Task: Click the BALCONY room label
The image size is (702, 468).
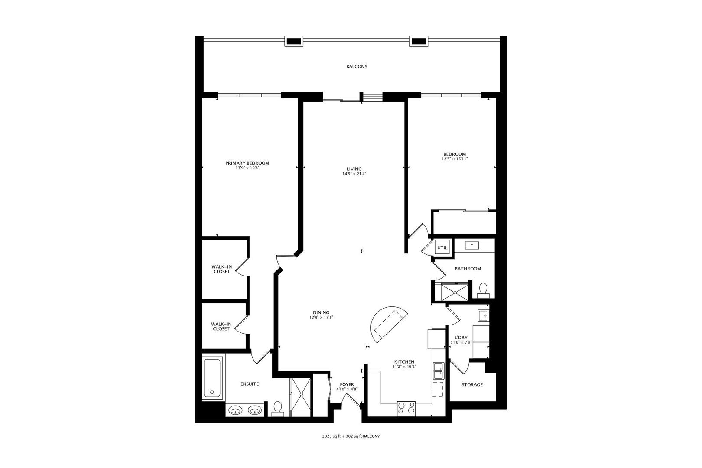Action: [357, 67]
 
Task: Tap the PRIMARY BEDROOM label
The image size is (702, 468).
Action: [247, 163]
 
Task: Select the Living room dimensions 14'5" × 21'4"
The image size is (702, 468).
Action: [354, 174]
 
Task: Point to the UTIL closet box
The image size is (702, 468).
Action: [442, 248]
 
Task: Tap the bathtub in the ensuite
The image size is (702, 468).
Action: [212, 377]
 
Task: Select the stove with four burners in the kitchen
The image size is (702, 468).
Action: [406, 408]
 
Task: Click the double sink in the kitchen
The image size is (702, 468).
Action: [438, 371]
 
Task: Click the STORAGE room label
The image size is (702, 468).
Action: [472, 384]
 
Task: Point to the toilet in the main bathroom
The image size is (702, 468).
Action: [483, 289]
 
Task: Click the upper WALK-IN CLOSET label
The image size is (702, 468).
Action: [221, 269]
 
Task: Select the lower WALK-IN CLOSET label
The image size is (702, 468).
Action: [221, 326]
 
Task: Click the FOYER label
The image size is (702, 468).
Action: [347, 384]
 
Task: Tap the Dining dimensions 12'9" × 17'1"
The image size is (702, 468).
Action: [321, 318]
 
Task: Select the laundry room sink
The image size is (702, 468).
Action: [483, 315]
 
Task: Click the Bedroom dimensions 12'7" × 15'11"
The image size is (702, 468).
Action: [454, 159]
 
